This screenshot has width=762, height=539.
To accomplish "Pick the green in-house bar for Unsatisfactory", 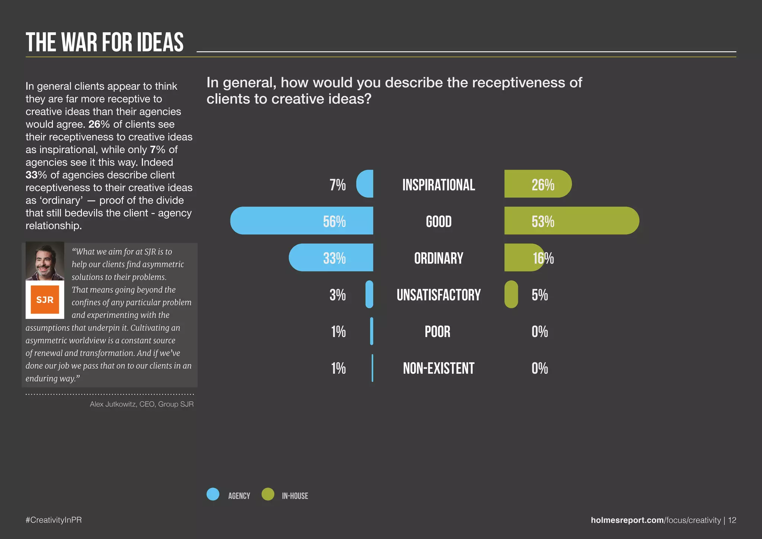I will point(511,294).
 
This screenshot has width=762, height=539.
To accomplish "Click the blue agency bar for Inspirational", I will point(365,184).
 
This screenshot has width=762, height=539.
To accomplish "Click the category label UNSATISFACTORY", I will point(439,295).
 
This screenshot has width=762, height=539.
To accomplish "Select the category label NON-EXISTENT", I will point(439,369).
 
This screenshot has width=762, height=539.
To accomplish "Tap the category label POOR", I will point(438,332).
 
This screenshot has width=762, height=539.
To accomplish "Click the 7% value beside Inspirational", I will point(337,185).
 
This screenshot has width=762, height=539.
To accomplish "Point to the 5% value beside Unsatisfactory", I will point(540,295).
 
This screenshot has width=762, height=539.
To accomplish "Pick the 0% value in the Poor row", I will point(540,332).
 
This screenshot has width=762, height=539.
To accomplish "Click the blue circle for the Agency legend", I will point(213,494).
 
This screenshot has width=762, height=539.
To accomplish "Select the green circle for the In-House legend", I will point(268,494).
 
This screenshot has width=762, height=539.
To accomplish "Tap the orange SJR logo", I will point(45,300).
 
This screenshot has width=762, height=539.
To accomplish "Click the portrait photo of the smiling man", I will point(45,261).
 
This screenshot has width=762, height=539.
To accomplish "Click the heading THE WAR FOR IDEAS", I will point(105,42).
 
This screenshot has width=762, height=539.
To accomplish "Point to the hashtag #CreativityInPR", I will point(54,520).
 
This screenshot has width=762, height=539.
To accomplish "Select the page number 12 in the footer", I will point(732,520).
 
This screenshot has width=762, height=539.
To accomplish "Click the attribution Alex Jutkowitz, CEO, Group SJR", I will point(142,404).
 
